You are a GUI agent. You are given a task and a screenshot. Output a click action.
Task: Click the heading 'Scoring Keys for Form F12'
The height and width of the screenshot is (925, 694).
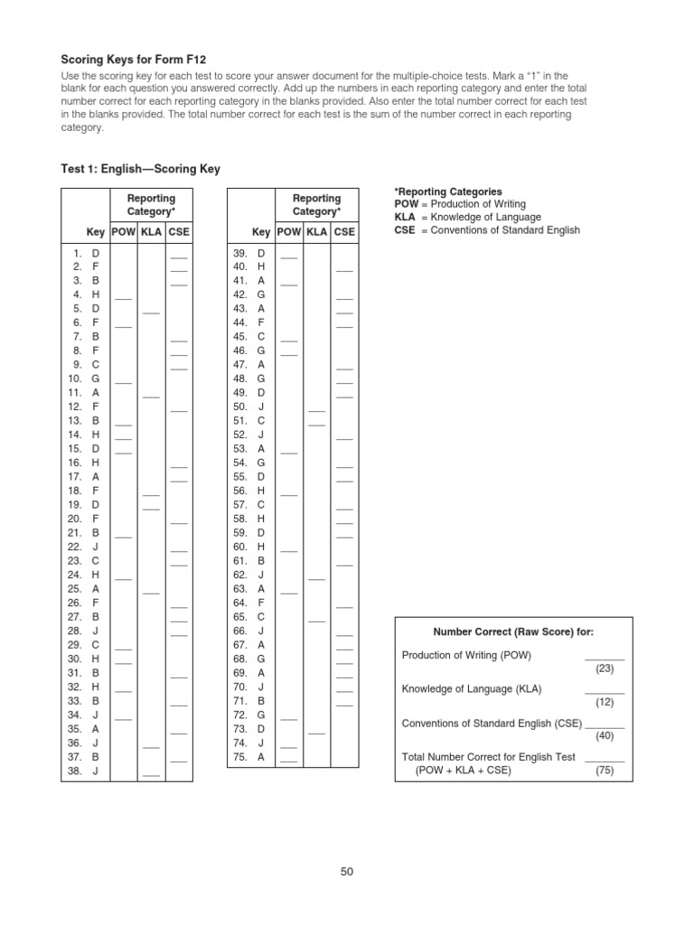point(127,59)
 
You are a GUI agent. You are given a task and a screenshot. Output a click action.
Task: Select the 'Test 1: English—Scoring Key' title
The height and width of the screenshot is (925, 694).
point(140,169)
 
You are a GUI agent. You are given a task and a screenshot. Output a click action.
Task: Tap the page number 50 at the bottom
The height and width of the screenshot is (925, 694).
point(347,872)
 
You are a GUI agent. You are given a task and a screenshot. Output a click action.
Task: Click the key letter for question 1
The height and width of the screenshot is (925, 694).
point(96,254)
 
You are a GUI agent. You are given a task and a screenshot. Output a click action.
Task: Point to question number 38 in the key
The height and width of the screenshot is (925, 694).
point(74,771)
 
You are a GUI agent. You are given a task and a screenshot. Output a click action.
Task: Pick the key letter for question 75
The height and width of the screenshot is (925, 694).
point(261,757)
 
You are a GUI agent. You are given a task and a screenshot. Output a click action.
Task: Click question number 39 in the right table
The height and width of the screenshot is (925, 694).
point(240,254)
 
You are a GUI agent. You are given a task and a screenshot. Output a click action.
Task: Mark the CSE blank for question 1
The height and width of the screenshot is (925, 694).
point(178,256)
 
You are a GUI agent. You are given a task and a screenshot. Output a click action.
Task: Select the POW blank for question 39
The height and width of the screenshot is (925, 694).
point(288,256)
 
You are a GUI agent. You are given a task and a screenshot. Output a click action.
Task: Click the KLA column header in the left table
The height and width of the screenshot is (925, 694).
point(151,232)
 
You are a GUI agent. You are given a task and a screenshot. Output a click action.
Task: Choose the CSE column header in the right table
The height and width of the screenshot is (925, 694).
point(344,232)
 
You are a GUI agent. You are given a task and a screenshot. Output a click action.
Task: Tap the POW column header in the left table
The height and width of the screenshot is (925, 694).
point(123,232)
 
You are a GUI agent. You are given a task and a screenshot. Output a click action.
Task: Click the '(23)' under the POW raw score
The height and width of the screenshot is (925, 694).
point(605,668)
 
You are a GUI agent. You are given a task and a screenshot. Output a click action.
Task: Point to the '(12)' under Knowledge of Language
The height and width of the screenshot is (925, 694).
point(605,702)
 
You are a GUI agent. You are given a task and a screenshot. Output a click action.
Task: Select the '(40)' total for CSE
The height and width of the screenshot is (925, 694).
point(605,736)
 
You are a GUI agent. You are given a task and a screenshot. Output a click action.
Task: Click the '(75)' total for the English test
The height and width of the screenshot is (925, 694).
point(605,771)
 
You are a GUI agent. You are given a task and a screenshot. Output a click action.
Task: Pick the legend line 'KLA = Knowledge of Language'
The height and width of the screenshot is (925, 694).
point(467,217)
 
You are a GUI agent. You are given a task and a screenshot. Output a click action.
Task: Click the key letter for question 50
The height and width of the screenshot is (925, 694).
point(261,406)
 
